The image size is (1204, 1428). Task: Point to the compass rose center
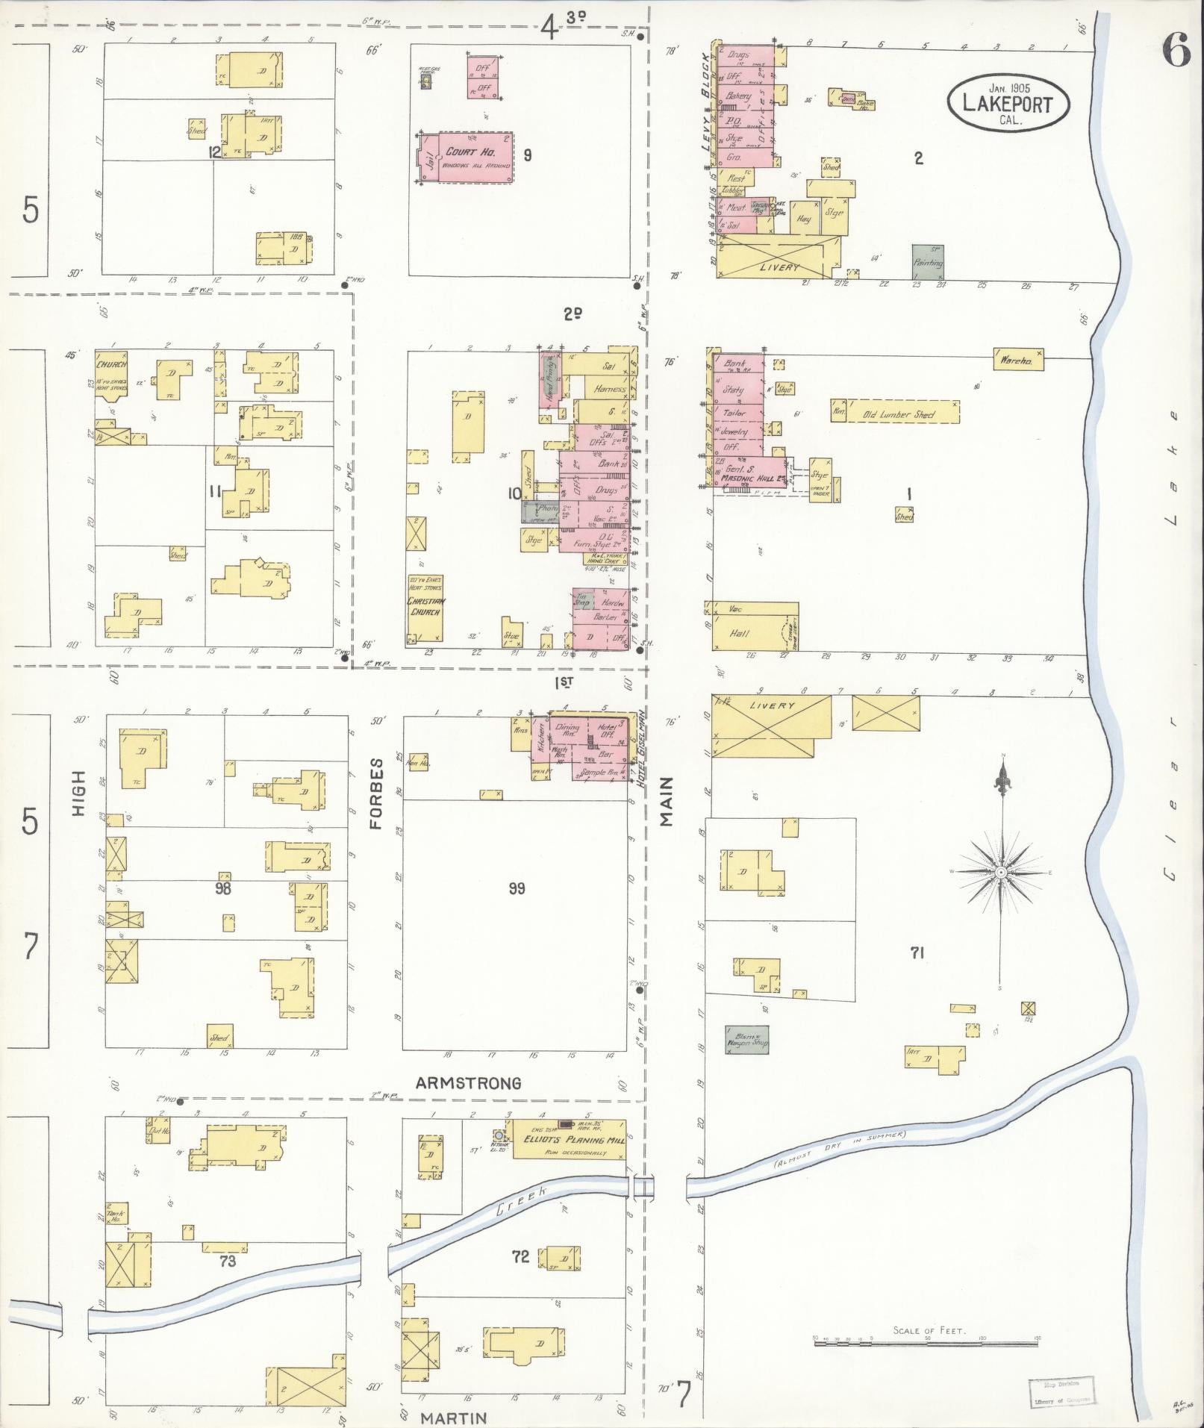click(1001, 872)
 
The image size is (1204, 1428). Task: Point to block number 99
click(517, 888)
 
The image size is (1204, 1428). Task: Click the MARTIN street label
click(454, 1417)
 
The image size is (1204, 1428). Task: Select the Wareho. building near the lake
click(1017, 360)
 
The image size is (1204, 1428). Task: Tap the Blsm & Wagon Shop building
click(746, 1038)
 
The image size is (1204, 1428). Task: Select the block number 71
click(918, 952)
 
